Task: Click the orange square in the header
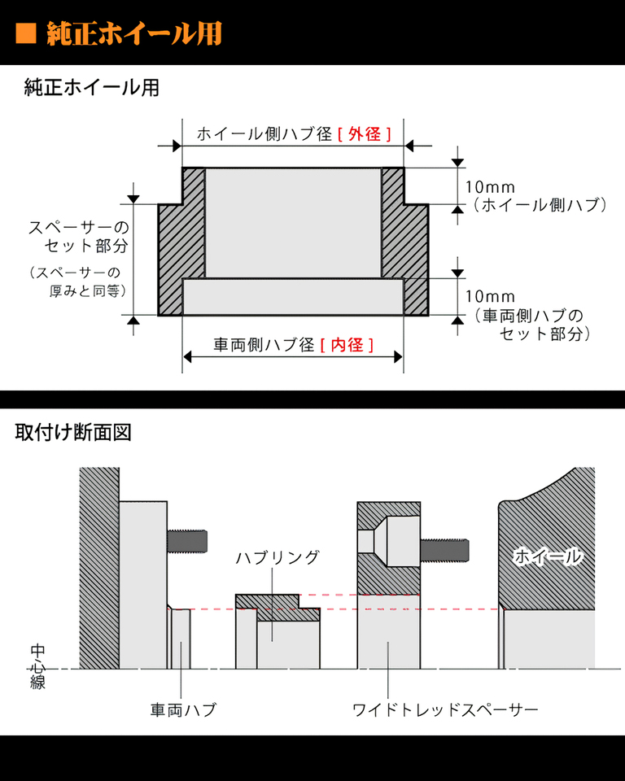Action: pos(26,34)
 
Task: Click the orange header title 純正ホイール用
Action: pos(134,34)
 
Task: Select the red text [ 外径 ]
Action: pos(365,134)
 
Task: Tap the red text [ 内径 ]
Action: pos(347,345)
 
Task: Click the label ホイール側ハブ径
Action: pos(264,134)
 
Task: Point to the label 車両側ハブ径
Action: pos(264,345)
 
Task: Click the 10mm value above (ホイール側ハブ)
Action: pos(490,187)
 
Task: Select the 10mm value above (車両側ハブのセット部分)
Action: pos(490,296)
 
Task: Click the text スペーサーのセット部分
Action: pos(79,236)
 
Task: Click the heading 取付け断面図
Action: pos(73,432)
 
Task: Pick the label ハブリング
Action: pos(278,557)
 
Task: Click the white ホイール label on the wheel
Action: pos(548,556)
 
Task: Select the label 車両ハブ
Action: pos(183,709)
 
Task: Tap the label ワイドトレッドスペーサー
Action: pos(445,709)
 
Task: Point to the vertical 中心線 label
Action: pos(38,667)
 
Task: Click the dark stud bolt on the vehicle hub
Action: pos(187,541)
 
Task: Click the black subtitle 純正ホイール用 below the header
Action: pos(92,88)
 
